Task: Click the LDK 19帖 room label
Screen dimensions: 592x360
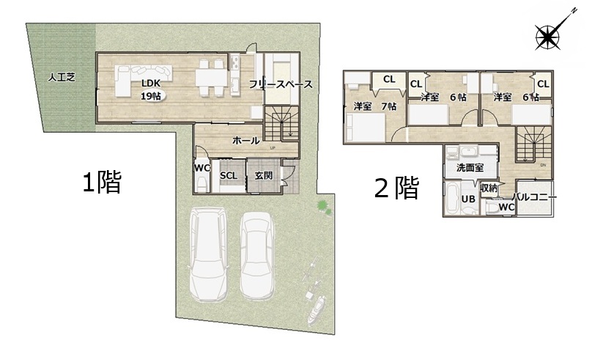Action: coord(151,90)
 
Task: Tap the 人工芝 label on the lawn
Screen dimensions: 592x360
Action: coord(62,78)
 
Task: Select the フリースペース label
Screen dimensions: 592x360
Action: coord(281,84)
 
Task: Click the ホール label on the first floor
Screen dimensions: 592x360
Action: coord(245,141)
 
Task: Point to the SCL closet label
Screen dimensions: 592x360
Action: coord(229,176)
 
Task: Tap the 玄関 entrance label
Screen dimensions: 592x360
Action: coord(263,176)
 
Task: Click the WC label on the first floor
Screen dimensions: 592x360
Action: coord(202,167)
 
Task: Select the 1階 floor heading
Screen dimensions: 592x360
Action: coord(102,182)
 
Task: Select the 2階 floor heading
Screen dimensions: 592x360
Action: coord(396,188)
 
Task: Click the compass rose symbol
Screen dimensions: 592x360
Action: coord(547,37)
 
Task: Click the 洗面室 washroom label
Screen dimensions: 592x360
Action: coord(470,167)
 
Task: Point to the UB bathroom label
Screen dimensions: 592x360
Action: coord(468,199)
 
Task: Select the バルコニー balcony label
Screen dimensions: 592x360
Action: coord(534,197)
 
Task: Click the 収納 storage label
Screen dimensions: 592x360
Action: coord(489,188)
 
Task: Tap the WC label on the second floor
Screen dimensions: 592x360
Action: coord(506,207)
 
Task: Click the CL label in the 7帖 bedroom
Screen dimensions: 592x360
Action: coord(389,79)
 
